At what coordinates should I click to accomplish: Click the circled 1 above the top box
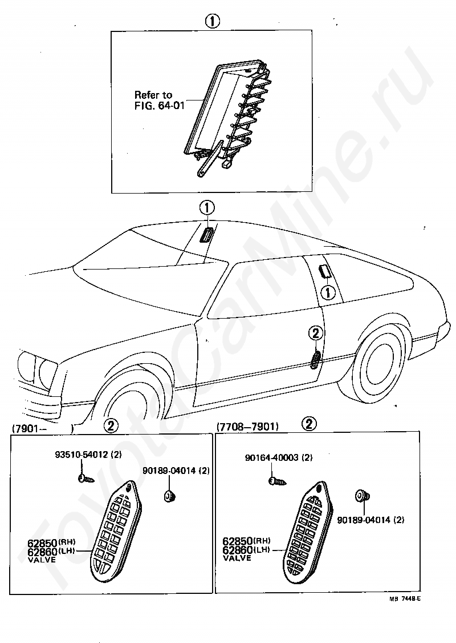[x=211, y=21]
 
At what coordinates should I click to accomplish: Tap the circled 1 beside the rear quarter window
[x=328, y=294]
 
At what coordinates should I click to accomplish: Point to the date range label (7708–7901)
[x=247, y=426]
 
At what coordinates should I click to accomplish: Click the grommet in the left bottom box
[x=169, y=496]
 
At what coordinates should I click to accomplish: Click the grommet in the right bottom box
[x=360, y=495]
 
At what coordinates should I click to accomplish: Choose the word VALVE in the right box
[x=237, y=558]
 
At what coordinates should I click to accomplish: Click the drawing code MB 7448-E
[x=405, y=598]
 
